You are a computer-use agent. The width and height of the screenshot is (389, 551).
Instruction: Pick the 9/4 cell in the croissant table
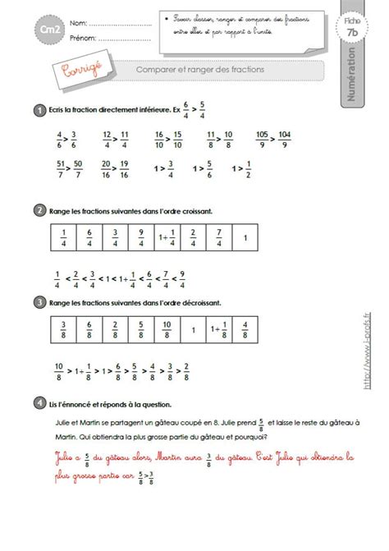click(143, 238)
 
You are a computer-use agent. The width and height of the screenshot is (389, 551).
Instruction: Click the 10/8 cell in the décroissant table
click(167, 329)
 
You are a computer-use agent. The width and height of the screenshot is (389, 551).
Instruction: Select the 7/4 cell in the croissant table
click(217, 238)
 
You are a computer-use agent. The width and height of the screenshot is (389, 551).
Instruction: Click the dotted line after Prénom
click(122, 38)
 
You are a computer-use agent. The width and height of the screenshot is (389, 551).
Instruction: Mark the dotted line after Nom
click(118, 23)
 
